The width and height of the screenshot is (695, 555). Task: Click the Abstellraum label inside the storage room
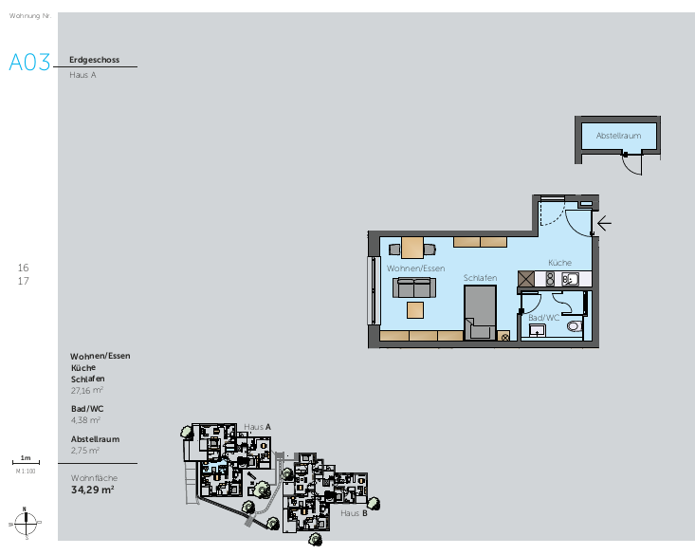(619, 136)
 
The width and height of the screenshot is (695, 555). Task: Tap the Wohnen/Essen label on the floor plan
(416, 268)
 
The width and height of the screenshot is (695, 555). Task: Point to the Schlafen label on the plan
(480, 277)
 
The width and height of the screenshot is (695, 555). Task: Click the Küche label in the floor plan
(558, 262)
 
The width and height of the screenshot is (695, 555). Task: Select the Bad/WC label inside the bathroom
(543, 318)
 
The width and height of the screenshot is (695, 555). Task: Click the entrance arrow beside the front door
(603, 225)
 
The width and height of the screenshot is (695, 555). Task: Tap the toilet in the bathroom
(573, 326)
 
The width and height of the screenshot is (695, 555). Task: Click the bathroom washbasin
(538, 330)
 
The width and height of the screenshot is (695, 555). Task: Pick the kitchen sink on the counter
(569, 279)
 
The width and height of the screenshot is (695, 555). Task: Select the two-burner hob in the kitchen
(547, 279)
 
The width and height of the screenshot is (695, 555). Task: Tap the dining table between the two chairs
(412, 249)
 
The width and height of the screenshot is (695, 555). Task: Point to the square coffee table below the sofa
(415, 309)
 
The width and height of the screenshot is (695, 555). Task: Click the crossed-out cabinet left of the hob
(526, 279)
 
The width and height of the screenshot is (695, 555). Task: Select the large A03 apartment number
(29, 63)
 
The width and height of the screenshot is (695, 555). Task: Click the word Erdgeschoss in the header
(94, 59)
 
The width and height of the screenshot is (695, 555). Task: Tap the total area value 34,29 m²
(93, 490)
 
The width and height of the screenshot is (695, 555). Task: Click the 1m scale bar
(26, 462)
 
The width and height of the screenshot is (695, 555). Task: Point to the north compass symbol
(27, 521)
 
